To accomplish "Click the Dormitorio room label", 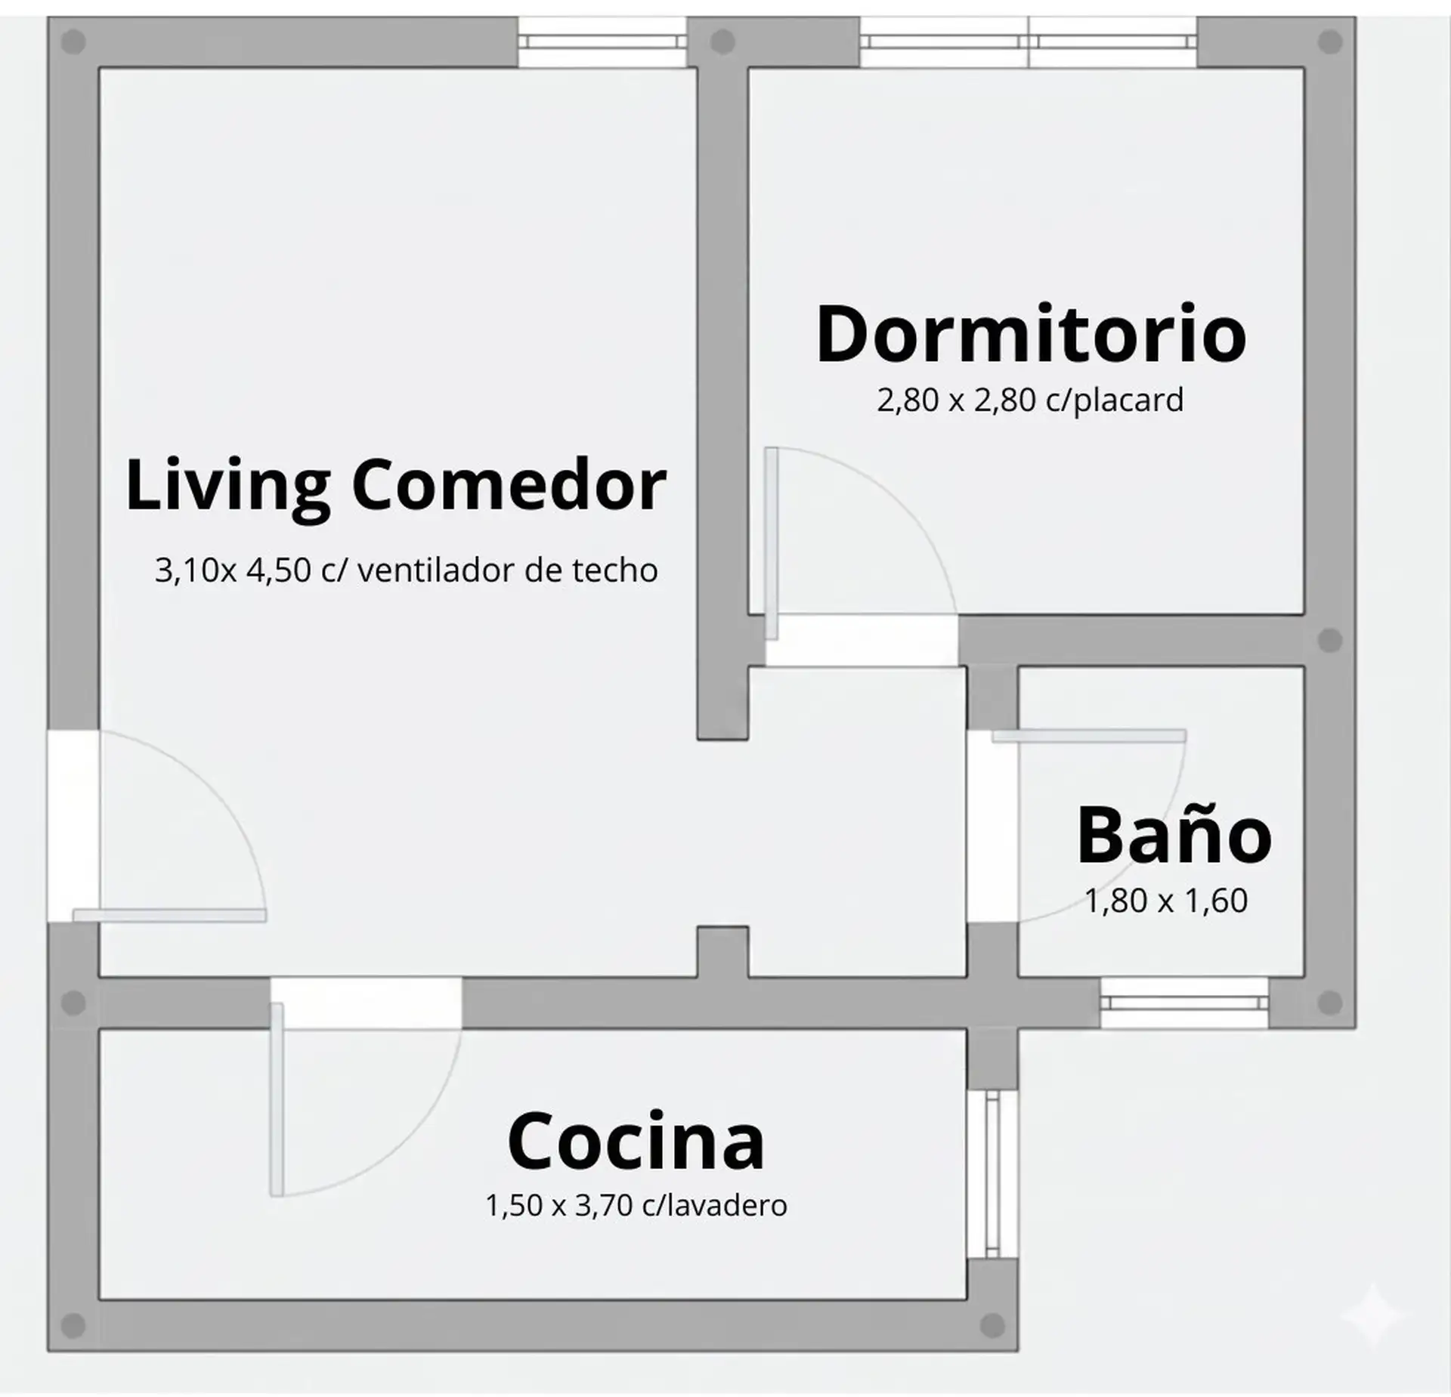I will pyautogui.click(x=1031, y=335).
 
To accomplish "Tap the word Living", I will pyautogui.click(x=227, y=486).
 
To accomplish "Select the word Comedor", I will pyautogui.click(x=509, y=484).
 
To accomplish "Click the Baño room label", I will pyautogui.click(x=1174, y=836).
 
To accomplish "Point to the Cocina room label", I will pyautogui.click(x=636, y=1141).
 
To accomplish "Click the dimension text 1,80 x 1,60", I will pyautogui.click(x=1166, y=901).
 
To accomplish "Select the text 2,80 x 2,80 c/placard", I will pyautogui.click(x=1029, y=400).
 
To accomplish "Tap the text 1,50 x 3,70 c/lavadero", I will pyautogui.click(x=636, y=1205).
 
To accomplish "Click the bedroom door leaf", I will pyautogui.click(x=771, y=544).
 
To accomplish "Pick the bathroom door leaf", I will pyautogui.click(x=1088, y=736).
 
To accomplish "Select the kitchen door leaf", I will pyautogui.click(x=277, y=1099).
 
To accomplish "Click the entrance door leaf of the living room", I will pyautogui.click(x=169, y=916).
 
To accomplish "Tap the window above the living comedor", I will pyautogui.click(x=602, y=42).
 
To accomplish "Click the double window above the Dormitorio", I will pyautogui.click(x=1028, y=42).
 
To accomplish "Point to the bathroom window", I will pyautogui.click(x=1183, y=1003).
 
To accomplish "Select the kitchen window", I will pyautogui.click(x=992, y=1174).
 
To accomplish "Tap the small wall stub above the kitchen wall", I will pyautogui.click(x=722, y=950).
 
